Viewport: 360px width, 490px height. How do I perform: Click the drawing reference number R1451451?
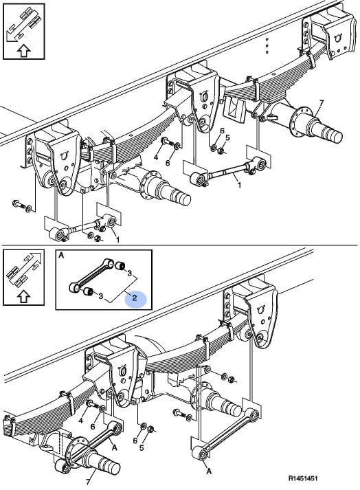click(x=302, y=478)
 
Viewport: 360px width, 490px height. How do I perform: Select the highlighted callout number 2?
click(x=135, y=298)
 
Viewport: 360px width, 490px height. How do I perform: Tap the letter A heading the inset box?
click(x=61, y=256)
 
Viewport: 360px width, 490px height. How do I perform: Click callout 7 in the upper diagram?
click(x=322, y=103)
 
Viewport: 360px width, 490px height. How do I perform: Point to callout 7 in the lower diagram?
click(x=88, y=481)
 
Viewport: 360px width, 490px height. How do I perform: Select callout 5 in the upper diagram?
click(x=227, y=137)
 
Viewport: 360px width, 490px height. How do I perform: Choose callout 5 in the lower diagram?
click(x=142, y=448)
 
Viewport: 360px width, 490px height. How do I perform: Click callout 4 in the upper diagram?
click(x=156, y=157)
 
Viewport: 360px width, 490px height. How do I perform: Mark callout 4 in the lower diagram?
click(x=80, y=421)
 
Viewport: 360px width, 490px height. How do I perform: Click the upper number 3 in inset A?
click(x=129, y=274)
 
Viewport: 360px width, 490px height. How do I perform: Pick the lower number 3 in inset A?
click(x=100, y=296)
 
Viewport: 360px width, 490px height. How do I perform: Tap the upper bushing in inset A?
click(x=120, y=266)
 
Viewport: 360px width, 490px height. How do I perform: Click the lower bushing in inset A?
click(x=88, y=292)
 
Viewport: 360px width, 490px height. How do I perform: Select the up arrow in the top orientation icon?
click(x=24, y=50)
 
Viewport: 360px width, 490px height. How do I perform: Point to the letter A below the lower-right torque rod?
click(x=209, y=471)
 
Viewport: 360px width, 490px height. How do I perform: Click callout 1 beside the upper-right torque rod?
click(x=239, y=186)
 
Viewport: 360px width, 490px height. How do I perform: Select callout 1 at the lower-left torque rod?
click(x=117, y=240)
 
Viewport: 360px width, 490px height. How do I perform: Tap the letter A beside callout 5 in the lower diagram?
click(x=114, y=447)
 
